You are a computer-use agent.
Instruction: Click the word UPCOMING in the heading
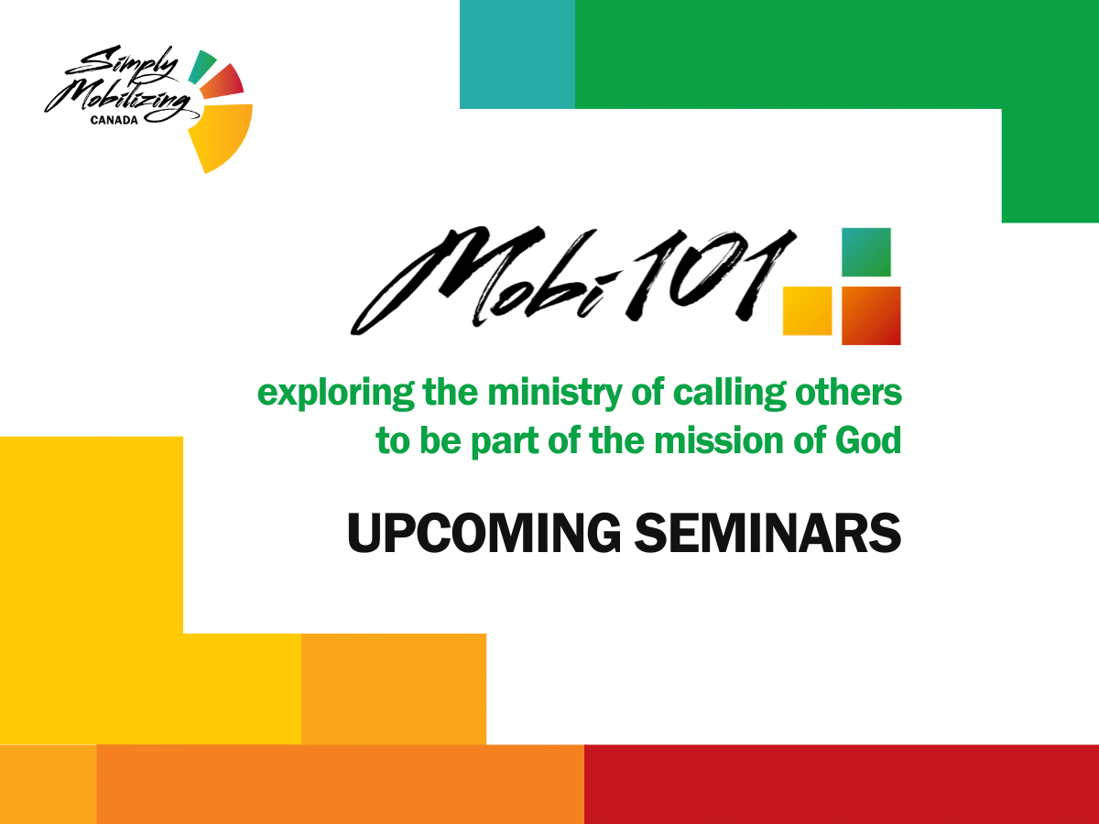(484, 533)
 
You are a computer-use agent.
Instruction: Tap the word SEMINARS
(767, 533)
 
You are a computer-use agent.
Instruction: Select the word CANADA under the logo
(114, 120)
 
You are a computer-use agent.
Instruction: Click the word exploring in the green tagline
(336, 395)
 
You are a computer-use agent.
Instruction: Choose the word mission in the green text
(719, 440)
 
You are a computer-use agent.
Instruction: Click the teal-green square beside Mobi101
(866, 252)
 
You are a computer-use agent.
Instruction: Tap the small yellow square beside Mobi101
(808, 310)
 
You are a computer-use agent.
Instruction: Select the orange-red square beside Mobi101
(871, 316)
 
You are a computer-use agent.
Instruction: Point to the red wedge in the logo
(223, 82)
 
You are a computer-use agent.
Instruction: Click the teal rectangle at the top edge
(517, 54)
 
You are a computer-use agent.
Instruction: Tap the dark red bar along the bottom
(841, 784)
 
